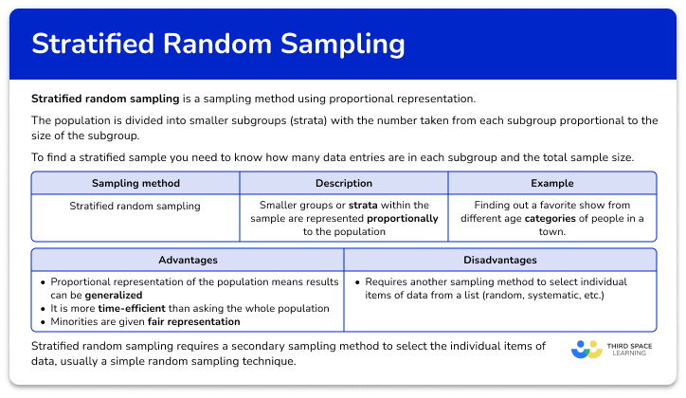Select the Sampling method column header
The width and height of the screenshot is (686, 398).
(x=135, y=183)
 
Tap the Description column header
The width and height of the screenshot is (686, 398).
(x=343, y=183)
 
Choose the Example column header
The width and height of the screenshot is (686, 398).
(x=551, y=183)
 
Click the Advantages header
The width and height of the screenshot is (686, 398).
(x=188, y=260)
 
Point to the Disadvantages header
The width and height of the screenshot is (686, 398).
(x=499, y=260)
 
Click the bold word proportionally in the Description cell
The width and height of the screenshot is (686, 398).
(x=403, y=218)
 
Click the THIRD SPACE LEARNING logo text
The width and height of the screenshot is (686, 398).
(x=628, y=350)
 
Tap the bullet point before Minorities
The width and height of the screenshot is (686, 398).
(x=43, y=321)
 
